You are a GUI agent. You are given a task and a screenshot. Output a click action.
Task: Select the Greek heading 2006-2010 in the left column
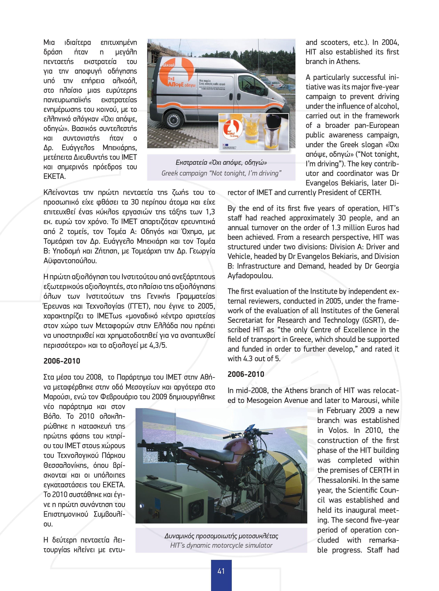62,361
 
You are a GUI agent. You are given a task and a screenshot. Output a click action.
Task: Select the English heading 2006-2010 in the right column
246,374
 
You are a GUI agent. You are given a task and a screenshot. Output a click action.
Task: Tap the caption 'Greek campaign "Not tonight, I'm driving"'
221,173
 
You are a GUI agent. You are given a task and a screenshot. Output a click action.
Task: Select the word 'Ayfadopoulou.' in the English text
250,276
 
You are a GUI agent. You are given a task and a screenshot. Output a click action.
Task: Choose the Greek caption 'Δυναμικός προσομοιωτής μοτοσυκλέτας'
221,536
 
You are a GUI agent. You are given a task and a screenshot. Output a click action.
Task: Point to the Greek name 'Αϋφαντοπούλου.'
70,261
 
